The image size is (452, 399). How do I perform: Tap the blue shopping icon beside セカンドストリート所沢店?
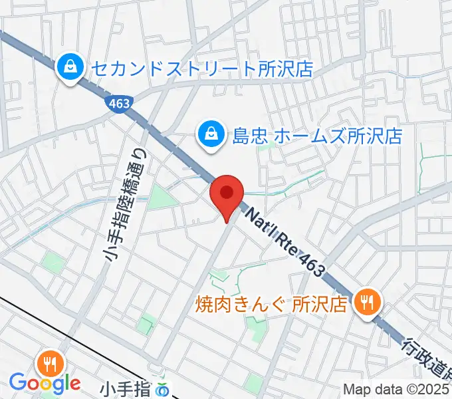[68, 67]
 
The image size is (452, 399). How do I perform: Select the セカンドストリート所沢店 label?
[200, 68]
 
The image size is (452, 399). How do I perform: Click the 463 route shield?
[119, 102]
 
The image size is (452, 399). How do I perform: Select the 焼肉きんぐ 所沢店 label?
[271, 304]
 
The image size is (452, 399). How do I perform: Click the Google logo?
[45, 383]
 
